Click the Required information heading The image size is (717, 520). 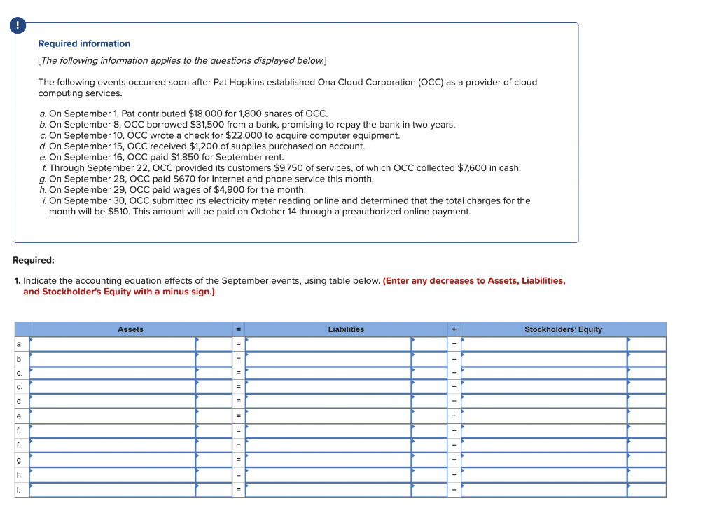84,43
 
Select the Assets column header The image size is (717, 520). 130,329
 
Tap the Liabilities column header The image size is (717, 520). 346,329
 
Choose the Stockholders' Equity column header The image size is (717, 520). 563,329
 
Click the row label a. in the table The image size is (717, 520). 20,344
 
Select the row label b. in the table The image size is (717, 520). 20,359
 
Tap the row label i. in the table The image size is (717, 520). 20,490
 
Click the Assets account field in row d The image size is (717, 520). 112,401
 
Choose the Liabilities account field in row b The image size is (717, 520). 328,359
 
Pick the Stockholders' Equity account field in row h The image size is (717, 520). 544,475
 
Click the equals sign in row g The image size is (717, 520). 238,460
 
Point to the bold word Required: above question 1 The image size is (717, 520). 34,260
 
